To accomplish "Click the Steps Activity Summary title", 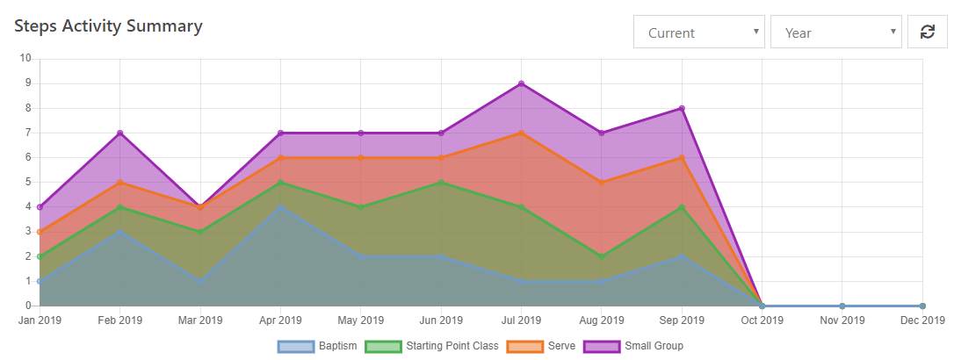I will click(x=108, y=26).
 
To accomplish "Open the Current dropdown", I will click(x=698, y=32).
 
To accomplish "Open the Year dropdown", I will click(x=835, y=32).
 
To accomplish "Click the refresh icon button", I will click(x=927, y=32).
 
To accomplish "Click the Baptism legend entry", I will click(x=317, y=346).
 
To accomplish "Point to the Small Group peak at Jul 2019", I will click(x=521, y=83).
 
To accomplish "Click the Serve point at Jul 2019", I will click(x=521, y=133).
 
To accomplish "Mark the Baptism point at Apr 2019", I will click(x=280, y=207).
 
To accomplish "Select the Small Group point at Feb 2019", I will click(x=119, y=133).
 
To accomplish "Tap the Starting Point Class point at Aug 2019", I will click(x=601, y=256).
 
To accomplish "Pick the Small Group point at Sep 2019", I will click(x=682, y=108).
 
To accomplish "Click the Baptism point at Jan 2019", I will click(x=40, y=281).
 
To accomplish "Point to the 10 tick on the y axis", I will click(x=25, y=59).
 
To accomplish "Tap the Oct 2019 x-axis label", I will click(x=762, y=320).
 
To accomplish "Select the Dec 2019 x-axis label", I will click(x=922, y=320).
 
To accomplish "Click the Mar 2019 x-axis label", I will click(x=200, y=320).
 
